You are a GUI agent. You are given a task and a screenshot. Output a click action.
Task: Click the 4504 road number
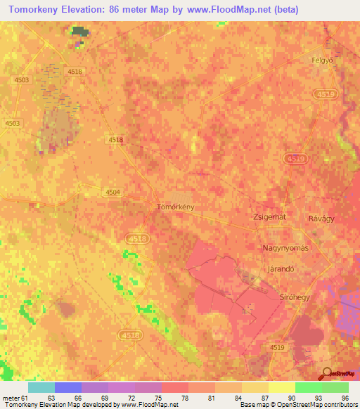point(112,192)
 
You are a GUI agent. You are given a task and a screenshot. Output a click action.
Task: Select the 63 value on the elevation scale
point(51,397)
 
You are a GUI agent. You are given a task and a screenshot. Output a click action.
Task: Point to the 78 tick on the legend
point(184,397)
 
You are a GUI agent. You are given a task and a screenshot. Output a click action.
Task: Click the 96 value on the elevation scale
point(345,397)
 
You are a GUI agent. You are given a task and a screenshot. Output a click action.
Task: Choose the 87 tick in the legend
point(264,397)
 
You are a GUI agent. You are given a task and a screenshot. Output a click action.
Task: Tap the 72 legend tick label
point(131,397)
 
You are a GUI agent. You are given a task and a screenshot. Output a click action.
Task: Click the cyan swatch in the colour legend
point(41,387)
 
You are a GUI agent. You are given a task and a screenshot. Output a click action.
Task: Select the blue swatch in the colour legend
point(68,387)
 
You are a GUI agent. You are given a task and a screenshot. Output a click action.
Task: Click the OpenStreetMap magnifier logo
point(326,373)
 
